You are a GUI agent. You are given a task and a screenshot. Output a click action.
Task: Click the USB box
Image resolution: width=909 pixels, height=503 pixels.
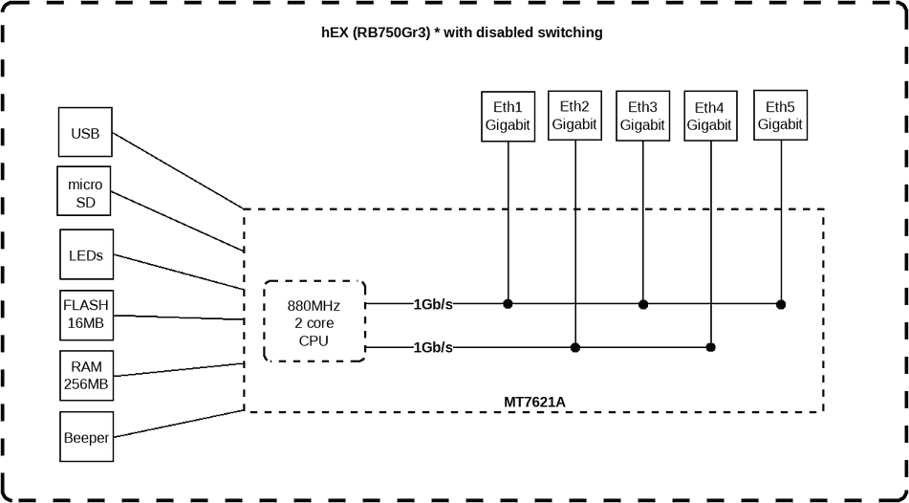[85, 134]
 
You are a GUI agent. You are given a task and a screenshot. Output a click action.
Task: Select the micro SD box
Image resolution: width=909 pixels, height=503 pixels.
[86, 192]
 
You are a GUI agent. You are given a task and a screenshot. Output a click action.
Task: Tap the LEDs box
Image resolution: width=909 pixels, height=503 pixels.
[86, 255]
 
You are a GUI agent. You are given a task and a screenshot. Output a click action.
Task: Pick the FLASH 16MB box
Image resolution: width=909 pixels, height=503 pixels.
[86, 315]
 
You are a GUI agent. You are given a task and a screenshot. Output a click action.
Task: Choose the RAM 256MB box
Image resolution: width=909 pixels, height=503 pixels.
[86, 376]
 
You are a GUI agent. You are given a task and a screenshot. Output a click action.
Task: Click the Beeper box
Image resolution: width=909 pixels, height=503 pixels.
[86, 438]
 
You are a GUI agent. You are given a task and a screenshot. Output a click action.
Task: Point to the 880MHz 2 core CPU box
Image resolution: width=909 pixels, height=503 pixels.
[314, 322]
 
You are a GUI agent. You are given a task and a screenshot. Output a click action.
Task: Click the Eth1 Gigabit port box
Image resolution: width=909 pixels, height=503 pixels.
[507, 117]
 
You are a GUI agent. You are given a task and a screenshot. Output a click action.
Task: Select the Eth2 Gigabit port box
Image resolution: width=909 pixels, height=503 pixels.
[574, 116]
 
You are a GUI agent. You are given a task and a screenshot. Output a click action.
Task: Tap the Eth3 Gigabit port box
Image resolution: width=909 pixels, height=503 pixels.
[642, 117]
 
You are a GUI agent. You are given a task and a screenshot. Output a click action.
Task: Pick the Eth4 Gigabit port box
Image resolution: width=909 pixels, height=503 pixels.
[709, 117]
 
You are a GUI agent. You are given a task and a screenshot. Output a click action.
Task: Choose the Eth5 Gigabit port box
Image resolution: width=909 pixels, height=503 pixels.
[780, 116]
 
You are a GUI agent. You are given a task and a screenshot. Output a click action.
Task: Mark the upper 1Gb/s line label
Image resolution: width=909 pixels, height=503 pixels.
[433, 304]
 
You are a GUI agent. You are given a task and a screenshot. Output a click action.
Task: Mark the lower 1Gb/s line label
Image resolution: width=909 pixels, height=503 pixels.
[433, 347]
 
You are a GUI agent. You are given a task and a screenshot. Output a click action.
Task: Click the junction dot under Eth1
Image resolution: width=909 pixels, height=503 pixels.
[508, 304]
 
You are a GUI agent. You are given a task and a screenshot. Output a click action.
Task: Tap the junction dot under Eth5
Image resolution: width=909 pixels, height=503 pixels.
[781, 304]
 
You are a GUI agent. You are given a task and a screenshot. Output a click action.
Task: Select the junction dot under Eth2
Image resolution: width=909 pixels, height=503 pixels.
[574, 347]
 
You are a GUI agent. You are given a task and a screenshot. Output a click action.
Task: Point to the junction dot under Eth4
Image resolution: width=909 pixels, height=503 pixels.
[710, 347]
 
